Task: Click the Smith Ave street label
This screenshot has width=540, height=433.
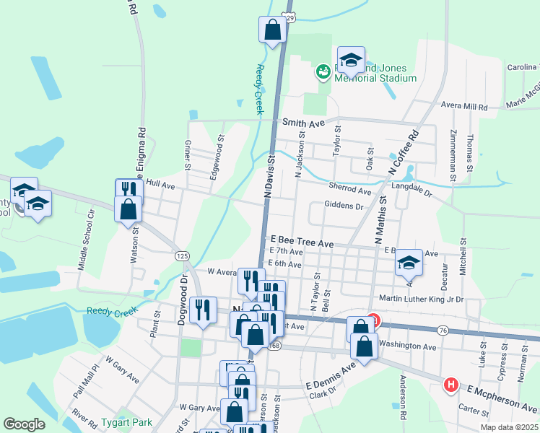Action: point(304,123)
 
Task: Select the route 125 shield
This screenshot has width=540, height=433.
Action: point(182,256)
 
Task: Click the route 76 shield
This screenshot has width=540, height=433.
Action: point(442,330)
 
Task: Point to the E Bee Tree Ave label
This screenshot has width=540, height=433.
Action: point(302,244)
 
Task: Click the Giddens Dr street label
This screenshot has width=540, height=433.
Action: point(344,206)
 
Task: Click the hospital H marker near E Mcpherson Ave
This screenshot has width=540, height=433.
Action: point(451,385)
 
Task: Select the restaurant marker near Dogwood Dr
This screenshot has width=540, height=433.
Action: point(204,310)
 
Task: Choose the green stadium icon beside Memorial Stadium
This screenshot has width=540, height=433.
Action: point(323,71)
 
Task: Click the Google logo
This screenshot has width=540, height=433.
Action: point(24,424)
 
